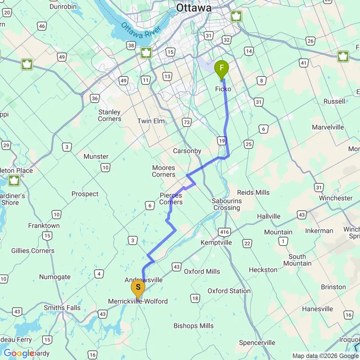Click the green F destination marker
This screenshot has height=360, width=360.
coord(221,70)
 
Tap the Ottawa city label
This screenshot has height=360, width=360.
coord(193,8)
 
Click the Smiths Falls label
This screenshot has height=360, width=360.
coord(62,308)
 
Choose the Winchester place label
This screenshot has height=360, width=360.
coord(336,198)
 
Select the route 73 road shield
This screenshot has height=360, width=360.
coord(187,122)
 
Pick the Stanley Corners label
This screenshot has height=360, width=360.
coord(109,115)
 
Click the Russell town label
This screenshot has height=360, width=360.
coord(334,101)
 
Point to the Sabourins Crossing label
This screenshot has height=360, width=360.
coord(226,204)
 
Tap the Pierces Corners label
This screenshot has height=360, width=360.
coord(171,199)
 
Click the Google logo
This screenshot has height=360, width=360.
coord(19,353)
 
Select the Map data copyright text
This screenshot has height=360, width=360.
coord(325,356)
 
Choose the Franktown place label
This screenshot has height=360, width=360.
coord(44,226)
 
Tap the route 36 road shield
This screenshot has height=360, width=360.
coord(95,98)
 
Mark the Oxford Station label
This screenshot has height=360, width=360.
coord(229,291)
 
